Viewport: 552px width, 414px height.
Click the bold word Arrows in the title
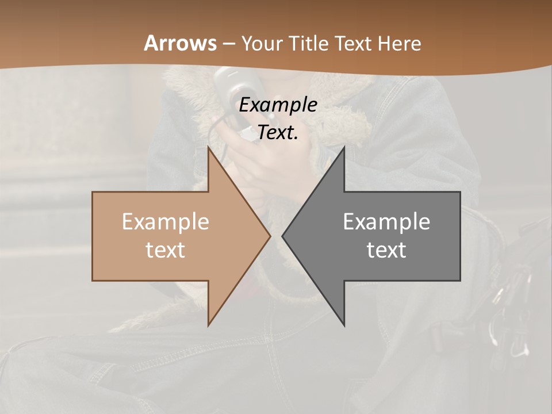coord(181,43)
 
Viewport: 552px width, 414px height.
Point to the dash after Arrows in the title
coord(229,44)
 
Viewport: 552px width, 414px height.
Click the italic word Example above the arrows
coord(278,105)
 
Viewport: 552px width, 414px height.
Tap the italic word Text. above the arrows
coord(278,133)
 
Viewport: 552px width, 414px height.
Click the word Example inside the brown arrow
coord(166,221)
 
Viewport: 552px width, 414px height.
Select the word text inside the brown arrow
coord(166,250)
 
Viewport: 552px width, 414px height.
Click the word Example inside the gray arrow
coord(386,221)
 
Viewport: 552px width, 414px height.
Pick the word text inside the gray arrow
coord(386,250)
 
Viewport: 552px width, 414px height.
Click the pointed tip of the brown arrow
coord(270,236)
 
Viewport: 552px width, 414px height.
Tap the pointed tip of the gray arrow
coord(282,236)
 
